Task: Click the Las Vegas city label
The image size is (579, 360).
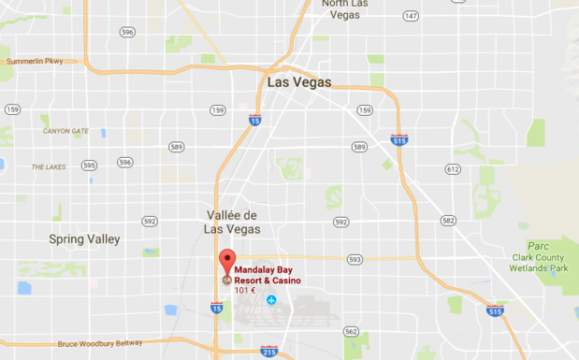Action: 299,82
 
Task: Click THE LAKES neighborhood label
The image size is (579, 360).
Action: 49,166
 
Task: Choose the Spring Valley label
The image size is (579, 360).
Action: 84,239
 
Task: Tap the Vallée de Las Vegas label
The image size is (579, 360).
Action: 232,222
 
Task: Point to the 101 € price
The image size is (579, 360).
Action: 245,290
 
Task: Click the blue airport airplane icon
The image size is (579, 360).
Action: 271,300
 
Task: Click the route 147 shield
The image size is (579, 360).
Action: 410,16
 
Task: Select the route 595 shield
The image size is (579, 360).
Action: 89,165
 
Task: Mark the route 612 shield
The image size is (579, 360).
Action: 453,169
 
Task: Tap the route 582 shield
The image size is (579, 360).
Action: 448,221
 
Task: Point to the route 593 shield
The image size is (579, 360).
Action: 354,259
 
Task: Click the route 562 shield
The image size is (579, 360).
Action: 351,331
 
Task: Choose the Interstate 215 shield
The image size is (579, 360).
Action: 268,352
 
